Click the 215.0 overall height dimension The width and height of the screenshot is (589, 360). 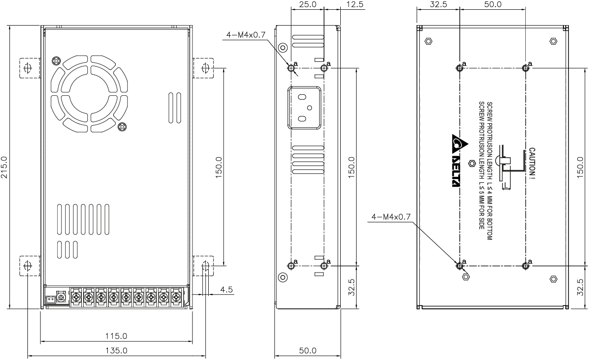[x=5, y=167]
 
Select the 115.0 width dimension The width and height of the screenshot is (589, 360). [x=116, y=336]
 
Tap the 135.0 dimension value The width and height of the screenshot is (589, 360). [x=116, y=350]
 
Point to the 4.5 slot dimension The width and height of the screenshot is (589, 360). [x=226, y=289]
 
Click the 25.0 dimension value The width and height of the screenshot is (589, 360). [x=307, y=5]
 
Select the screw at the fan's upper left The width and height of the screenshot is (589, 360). [x=56, y=60]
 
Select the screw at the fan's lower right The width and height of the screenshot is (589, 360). [x=122, y=126]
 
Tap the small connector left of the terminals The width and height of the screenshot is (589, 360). [x=50, y=301]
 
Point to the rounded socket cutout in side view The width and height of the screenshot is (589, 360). [x=304, y=107]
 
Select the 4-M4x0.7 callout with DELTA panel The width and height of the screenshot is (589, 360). [x=391, y=217]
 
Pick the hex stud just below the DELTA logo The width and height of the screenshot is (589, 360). [x=472, y=163]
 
